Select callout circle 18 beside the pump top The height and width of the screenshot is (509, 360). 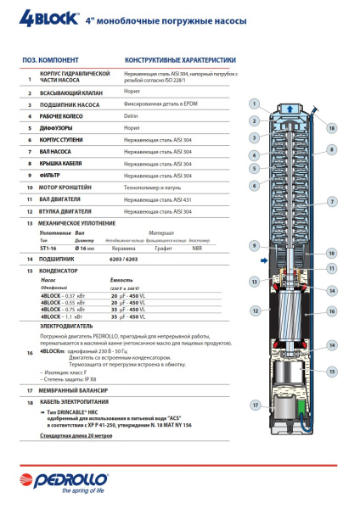click(x=331, y=128)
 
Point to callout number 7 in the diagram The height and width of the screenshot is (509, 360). click(x=331, y=201)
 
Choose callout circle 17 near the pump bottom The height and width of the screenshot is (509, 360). click(x=254, y=406)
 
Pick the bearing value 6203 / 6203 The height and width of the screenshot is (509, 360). click(x=141, y=257)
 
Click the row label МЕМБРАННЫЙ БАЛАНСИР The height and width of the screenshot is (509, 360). click(x=70, y=389)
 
